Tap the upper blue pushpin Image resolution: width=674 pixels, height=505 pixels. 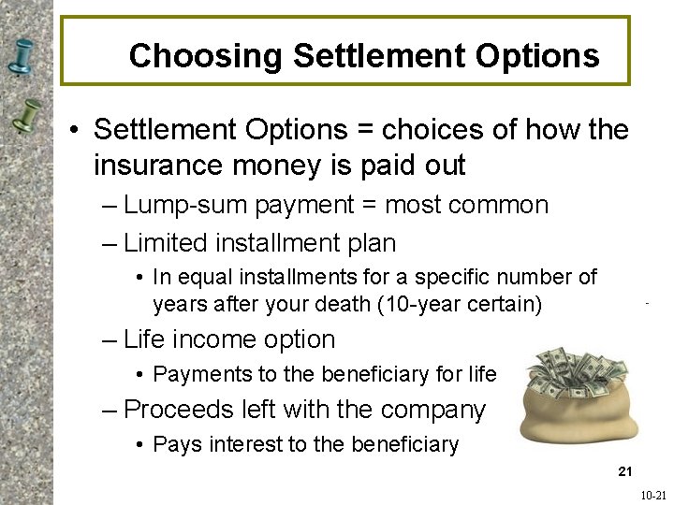(x=22, y=56)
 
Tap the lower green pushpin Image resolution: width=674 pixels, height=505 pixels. (x=27, y=116)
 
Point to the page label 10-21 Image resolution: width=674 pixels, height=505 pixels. (x=653, y=496)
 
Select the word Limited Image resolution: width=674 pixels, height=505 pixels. (x=165, y=243)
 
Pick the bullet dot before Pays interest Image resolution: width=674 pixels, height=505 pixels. (x=139, y=445)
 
